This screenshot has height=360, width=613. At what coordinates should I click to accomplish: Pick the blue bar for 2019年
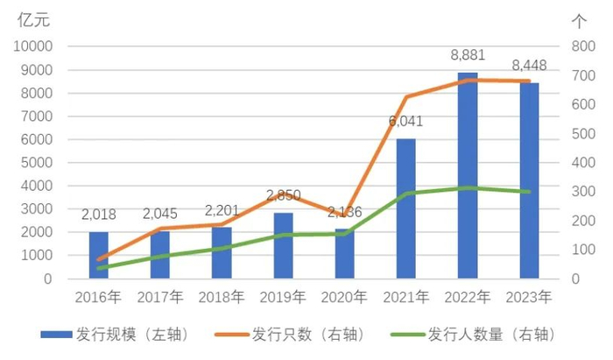(284, 245)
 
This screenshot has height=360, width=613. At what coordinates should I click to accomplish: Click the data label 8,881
(469, 55)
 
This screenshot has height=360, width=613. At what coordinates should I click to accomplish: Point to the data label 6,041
(405, 122)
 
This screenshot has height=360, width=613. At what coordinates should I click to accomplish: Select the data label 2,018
(99, 215)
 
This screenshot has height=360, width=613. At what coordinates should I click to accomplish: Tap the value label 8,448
(529, 66)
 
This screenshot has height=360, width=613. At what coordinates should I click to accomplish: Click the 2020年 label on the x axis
(344, 297)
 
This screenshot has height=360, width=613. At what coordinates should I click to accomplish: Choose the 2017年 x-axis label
(160, 297)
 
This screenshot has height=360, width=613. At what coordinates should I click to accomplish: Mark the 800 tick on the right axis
(582, 46)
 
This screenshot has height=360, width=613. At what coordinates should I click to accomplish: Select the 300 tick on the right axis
(582, 192)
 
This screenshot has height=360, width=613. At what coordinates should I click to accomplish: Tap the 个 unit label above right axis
(579, 19)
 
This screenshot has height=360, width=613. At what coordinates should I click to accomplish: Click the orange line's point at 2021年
(406, 96)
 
